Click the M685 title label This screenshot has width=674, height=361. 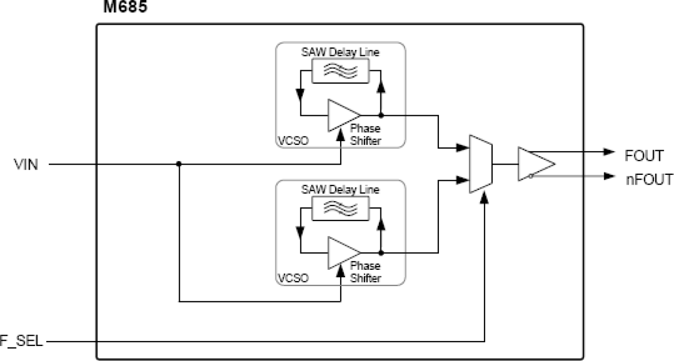click(x=123, y=8)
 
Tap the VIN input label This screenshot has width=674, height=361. click(x=25, y=165)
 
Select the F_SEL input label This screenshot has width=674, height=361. click(x=21, y=341)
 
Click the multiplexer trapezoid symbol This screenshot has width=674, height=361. click(x=480, y=164)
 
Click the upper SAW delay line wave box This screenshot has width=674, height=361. click(x=341, y=71)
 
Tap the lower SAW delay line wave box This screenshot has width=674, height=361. click(x=341, y=208)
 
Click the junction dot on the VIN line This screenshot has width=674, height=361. click(x=179, y=165)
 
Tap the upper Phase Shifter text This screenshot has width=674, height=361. click(x=365, y=135)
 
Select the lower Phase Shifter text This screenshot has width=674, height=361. click(x=365, y=272)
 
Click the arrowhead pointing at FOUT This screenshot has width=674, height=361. click(x=609, y=152)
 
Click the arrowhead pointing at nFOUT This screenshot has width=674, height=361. click(x=609, y=176)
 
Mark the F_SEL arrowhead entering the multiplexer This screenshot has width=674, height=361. click(x=485, y=198)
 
